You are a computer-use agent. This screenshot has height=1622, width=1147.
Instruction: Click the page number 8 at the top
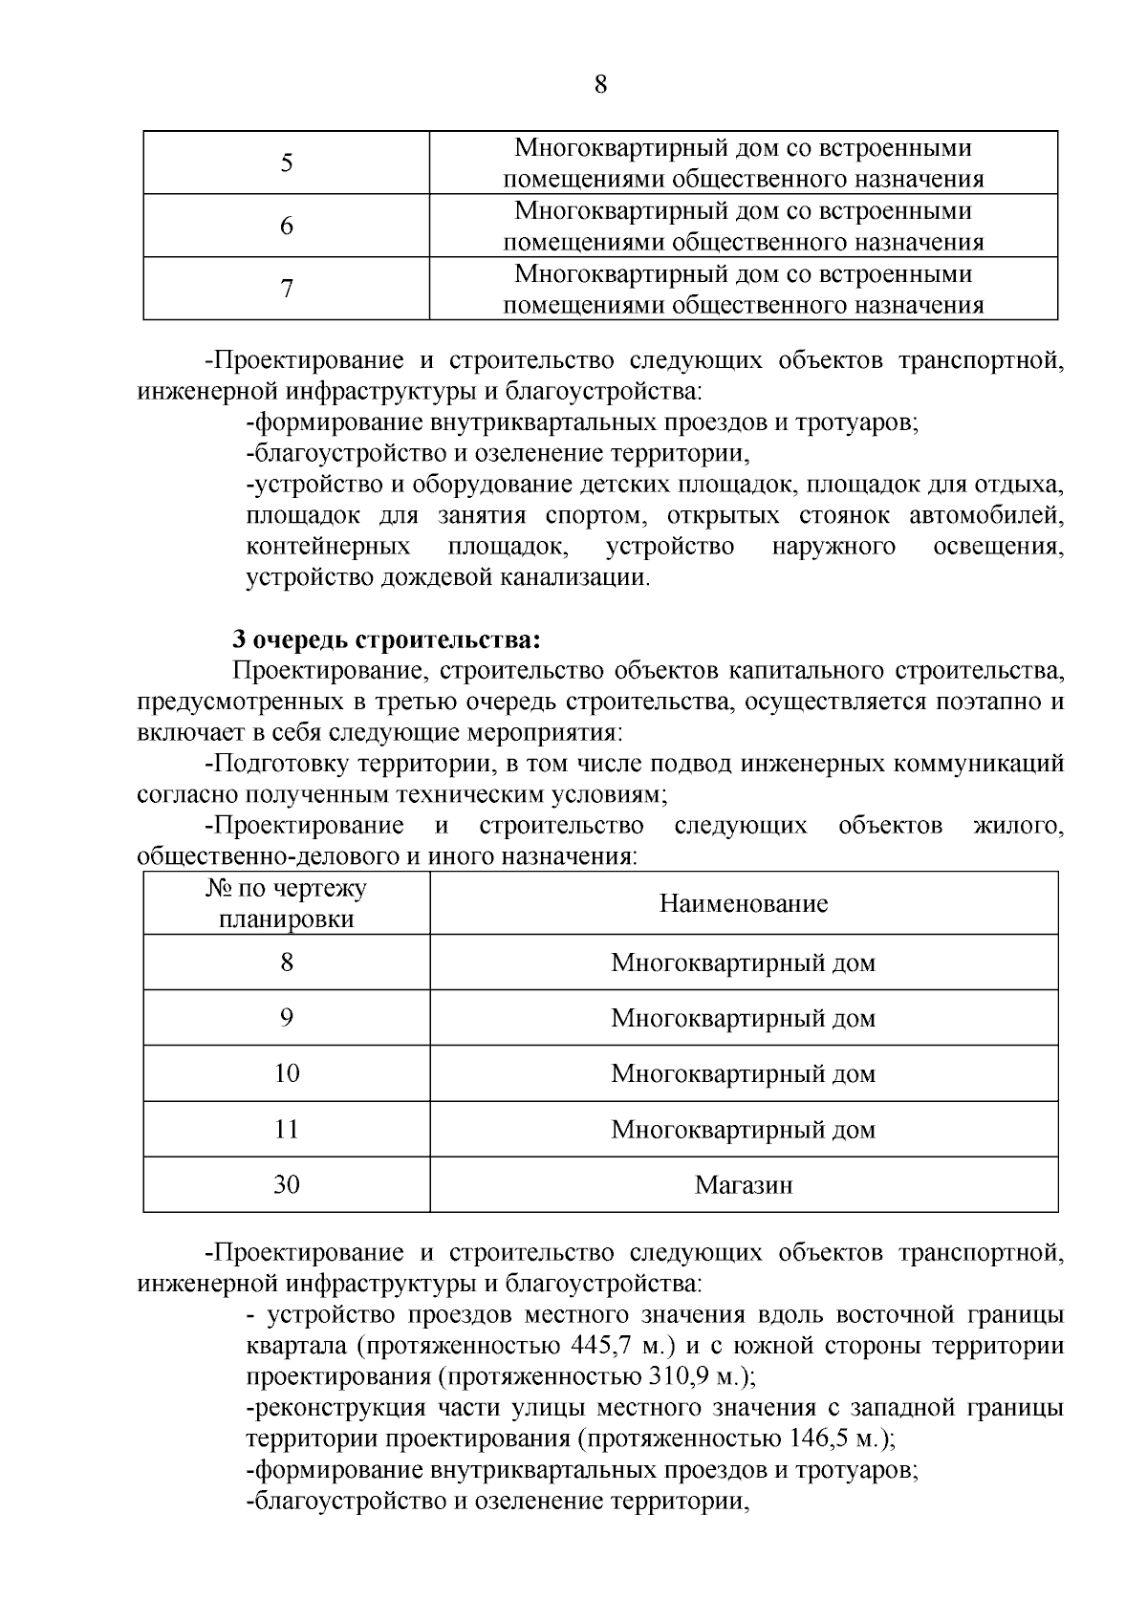(600, 85)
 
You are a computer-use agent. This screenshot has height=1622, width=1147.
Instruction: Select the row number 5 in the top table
(287, 163)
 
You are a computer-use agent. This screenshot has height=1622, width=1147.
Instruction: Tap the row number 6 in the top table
(287, 227)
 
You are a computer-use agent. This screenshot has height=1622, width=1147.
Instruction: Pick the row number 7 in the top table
(287, 289)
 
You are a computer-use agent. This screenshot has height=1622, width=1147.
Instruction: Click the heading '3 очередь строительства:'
(387, 639)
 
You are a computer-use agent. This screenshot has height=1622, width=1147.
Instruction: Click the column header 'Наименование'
(744, 904)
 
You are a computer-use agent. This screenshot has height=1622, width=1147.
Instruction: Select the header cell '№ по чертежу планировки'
(287, 904)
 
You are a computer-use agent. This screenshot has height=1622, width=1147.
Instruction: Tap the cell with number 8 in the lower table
(287, 962)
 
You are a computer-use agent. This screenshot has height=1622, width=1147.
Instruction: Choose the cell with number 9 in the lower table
(287, 1018)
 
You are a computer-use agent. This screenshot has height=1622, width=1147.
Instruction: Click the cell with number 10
(287, 1073)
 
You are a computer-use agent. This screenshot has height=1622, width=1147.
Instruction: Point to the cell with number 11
(287, 1130)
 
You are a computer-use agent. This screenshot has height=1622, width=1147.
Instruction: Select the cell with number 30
(287, 1185)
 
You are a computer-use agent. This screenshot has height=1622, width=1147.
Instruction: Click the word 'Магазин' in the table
(744, 1186)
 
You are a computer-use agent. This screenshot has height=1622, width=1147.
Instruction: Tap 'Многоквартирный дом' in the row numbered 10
(744, 1074)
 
